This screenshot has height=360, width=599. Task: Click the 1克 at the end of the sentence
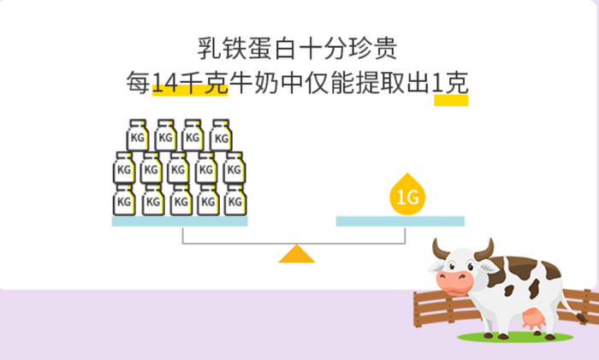(x=450, y=85)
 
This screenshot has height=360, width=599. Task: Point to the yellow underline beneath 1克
(x=451, y=101)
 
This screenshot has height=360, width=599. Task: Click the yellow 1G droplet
(x=406, y=197)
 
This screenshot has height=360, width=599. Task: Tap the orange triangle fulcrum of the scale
(x=296, y=254)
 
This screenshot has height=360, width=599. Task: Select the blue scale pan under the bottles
(x=180, y=221)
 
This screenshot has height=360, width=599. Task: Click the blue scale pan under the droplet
(x=400, y=221)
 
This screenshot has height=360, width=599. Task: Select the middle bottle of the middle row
(x=179, y=168)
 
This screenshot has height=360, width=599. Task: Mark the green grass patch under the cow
(x=513, y=339)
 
